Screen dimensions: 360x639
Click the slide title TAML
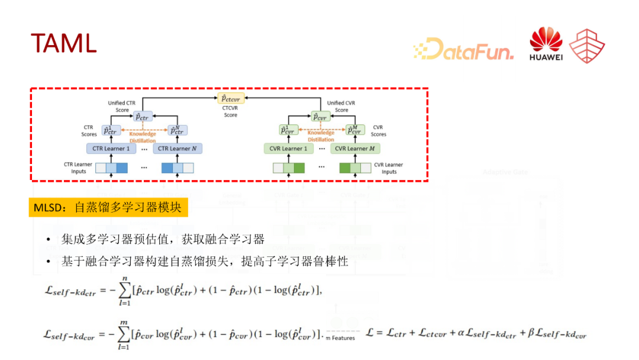[x=63, y=43]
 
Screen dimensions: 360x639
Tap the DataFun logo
[x=463, y=49]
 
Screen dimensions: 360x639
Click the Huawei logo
[x=546, y=45]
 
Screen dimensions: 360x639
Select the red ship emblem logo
[x=587, y=46]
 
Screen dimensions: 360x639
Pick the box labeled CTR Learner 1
[x=111, y=149]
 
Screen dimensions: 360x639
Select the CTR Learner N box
[x=177, y=149]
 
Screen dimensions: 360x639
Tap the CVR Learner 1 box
[x=288, y=149]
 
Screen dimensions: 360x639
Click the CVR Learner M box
[x=355, y=149]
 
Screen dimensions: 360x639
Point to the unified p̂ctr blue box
[x=142, y=117]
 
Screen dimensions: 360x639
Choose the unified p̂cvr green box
[x=320, y=117]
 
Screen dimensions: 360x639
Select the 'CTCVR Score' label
[x=231, y=111]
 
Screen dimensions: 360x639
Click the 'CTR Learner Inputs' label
[x=79, y=168]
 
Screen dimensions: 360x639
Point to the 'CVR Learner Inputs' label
[x=389, y=168]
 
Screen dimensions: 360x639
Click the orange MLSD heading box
[x=108, y=207]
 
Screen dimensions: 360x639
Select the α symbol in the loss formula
[x=461, y=333]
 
